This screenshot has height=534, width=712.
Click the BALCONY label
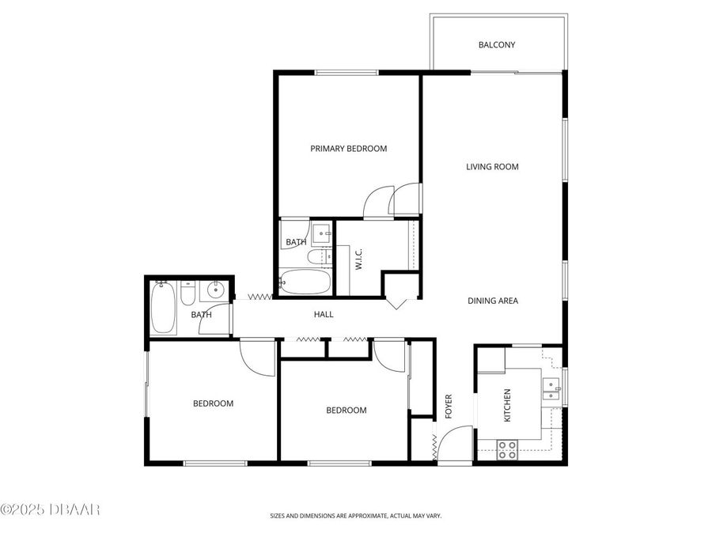coord(496,45)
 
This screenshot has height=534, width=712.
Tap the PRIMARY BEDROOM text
coord(348,149)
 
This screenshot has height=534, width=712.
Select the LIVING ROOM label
coord(491,167)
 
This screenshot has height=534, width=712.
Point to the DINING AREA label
coord(492,301)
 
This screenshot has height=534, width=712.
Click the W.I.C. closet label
coord(358,259)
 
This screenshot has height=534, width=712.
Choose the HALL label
coord(324,315)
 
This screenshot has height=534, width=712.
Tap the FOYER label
coord(448,406)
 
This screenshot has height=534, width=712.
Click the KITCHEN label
coord(507,405)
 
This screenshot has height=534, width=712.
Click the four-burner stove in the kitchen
coord(507,450)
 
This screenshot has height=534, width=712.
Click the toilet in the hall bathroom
coord(187,294)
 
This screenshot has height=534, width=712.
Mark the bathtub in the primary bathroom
coord(305,282)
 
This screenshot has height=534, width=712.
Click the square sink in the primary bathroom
coord(321,233)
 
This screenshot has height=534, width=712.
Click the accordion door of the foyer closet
coord(434,447)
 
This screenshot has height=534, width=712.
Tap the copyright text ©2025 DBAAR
coord(50,509)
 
